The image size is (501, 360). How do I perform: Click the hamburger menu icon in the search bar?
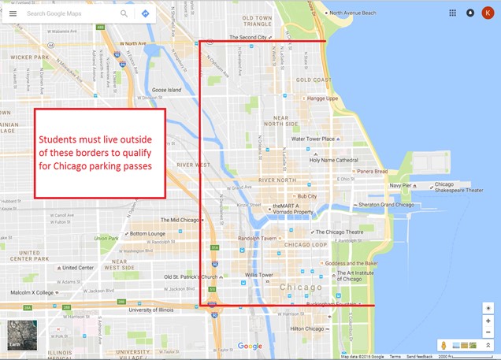(13, 13)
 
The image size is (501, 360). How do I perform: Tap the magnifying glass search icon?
(124, 13)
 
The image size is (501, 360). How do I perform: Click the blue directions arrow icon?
(145, 13)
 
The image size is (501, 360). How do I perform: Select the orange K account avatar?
(488, 13)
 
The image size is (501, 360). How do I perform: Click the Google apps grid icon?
(452, 13)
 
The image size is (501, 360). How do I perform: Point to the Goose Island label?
(166, 91)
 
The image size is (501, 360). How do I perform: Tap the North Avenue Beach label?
(358, 13)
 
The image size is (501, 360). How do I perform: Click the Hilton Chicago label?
(307, 328)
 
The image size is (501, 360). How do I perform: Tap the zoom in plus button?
(488, 321)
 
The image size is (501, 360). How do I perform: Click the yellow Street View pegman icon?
(444, 345)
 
